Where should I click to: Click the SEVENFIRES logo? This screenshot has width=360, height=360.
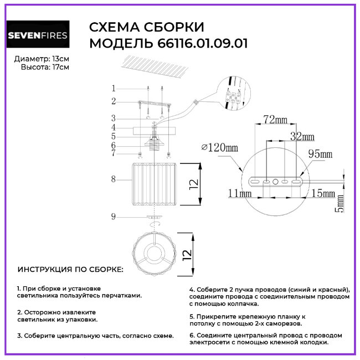pyautogui.click(x=38, y=36)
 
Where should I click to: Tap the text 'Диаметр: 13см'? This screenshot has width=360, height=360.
pyautogui.click(x=42, y=58)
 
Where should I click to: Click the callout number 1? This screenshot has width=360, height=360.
pyautogui.click(x=113, y=89)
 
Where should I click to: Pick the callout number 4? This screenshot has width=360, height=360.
pyautogui.click(x=113, y=127)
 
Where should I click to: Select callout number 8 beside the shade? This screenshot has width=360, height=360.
pyautogui.click(x=113, y=179)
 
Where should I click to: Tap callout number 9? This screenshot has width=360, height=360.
pyautogui.click(x=113, y=217)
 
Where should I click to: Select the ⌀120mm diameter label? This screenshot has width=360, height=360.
pyautogui.click(x=220, y=147)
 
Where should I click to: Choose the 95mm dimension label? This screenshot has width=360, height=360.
pyautogui.click(x=320, y=154)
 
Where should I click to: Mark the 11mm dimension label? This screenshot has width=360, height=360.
pyautogui.click(x=239, y=193)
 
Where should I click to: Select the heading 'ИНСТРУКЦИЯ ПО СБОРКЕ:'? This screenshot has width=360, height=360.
pyautogui.click(x=71, y=270)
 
